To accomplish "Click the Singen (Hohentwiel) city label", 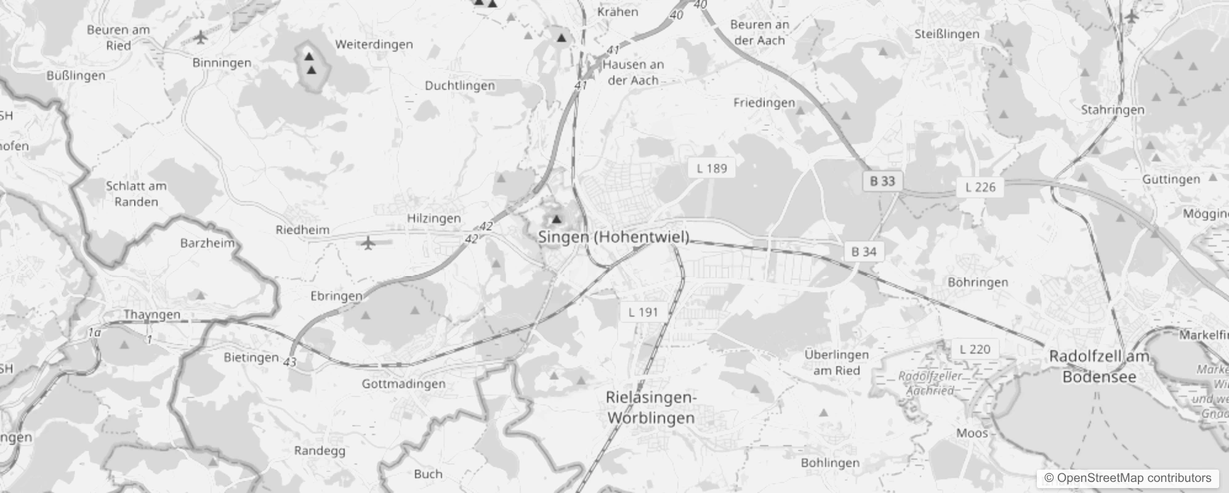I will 613,237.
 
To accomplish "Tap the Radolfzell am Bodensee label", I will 1099,367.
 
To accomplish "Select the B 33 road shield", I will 882,181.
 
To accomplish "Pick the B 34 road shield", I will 864,251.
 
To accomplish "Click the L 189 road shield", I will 712,168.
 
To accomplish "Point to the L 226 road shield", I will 980,187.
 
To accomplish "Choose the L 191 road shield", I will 643,312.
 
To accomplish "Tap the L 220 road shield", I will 975,349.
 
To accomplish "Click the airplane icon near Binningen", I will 201,38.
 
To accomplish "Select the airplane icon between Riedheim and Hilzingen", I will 368,243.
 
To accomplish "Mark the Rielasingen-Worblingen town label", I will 651,407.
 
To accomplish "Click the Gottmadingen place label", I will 403,384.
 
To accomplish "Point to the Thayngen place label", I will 152,314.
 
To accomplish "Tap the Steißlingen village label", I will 946,34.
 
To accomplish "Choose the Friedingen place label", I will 764,103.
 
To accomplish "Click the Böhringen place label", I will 978,282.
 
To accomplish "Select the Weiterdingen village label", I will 374,44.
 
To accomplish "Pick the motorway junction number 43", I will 291,362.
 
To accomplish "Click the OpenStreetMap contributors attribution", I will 1127,478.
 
